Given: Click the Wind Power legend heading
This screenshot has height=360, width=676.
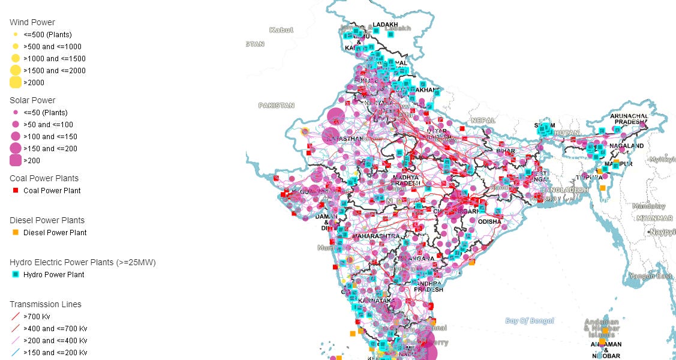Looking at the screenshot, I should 32,22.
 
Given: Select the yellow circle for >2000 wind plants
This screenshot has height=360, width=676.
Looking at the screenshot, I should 16,83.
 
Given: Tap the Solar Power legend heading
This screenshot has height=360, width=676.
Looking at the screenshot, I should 32,100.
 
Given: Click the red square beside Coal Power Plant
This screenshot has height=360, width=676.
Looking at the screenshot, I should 16,190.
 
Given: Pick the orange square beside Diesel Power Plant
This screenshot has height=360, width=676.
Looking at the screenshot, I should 16,232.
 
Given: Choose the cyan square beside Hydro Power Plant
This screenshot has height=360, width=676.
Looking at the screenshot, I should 16,274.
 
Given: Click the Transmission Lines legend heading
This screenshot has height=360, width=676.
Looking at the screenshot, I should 46,304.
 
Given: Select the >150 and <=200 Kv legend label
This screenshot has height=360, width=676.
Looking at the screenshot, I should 55,352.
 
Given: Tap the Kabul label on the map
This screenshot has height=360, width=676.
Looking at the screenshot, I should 281,29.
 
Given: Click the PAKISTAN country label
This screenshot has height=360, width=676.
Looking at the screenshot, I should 276,105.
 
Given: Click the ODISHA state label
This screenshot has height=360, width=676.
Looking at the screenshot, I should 489,221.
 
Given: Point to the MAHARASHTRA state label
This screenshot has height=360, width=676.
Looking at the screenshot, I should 375,236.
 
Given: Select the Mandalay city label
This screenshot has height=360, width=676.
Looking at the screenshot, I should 648,206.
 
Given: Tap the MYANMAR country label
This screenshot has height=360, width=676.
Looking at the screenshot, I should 654,218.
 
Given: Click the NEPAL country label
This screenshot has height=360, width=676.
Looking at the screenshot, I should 483,120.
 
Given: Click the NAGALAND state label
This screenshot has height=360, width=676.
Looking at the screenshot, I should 626,146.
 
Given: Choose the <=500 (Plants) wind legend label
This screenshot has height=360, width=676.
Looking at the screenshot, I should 46,34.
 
